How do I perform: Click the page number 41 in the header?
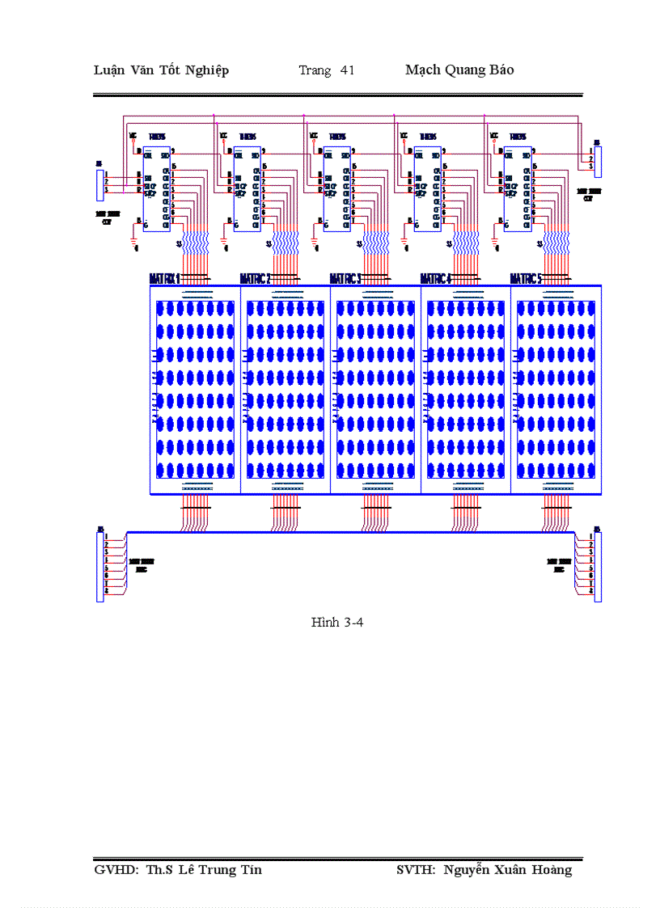tap(348, 70)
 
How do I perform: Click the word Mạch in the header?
tap(422, 70)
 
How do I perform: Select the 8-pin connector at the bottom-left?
tap(100, 566)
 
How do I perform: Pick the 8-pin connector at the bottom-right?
tap(598, 566)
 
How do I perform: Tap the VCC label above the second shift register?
tap(223, 136)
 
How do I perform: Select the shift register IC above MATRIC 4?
tap(427, 188)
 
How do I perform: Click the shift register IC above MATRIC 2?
tap(247, 188)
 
